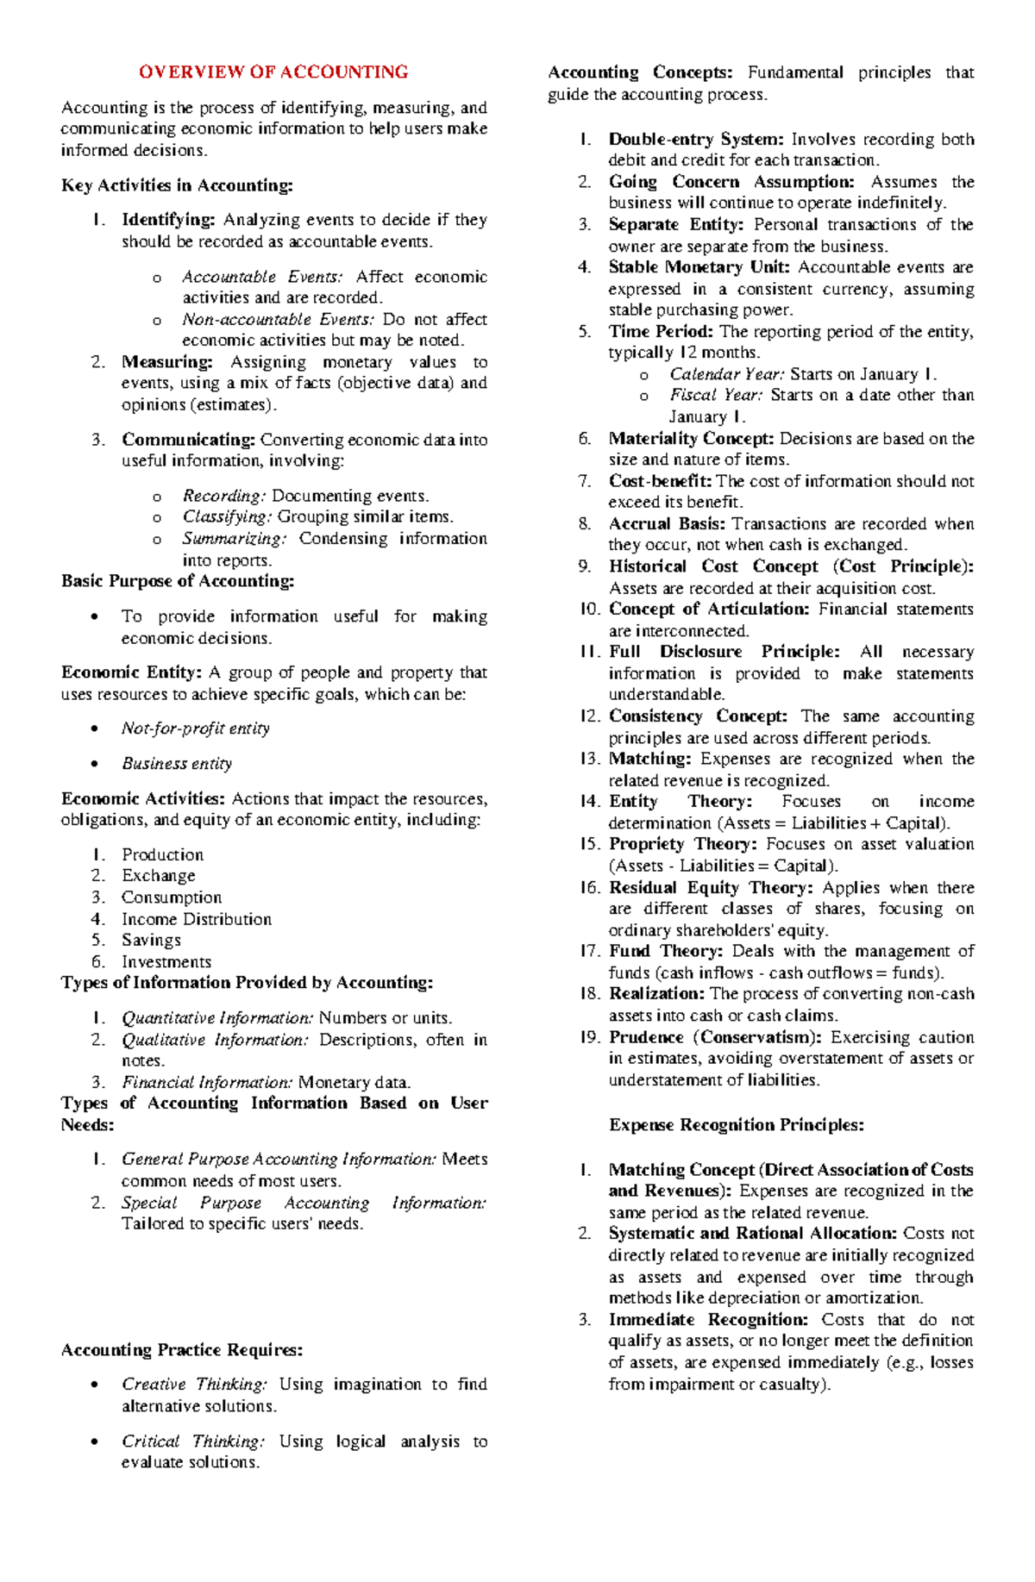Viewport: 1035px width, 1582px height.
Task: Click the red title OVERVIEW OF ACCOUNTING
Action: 273,72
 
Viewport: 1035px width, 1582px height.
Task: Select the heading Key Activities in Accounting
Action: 177,185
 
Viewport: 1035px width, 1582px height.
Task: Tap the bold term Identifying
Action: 167,220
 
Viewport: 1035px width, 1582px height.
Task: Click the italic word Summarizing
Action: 234,539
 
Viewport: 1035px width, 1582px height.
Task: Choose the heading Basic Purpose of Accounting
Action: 178,581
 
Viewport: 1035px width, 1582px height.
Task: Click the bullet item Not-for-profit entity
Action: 196,728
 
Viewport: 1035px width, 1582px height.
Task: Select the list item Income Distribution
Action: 197,919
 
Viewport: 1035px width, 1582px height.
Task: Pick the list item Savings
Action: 151,940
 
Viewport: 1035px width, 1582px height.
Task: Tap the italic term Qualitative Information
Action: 214,1040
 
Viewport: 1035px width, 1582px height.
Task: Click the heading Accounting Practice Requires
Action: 182,1350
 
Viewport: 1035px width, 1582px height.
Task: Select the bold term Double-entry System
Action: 695,140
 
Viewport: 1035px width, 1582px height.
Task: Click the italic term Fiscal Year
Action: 716,395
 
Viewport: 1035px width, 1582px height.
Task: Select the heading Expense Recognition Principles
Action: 736,1125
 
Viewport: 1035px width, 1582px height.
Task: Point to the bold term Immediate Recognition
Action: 708,1320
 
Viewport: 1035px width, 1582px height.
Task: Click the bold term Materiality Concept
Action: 690,439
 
